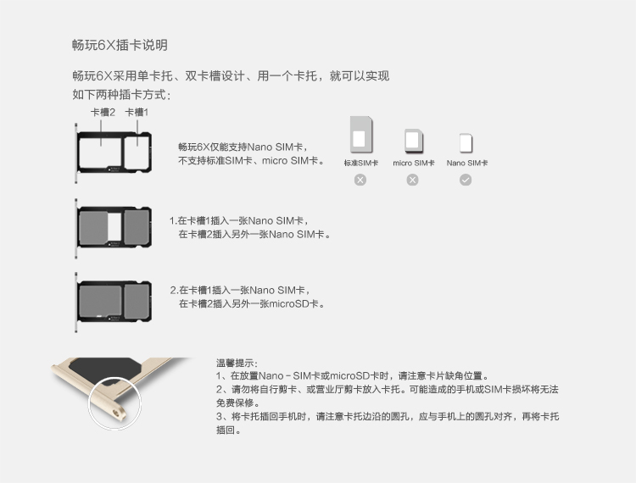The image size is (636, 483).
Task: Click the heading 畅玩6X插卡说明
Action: tap(120, 45)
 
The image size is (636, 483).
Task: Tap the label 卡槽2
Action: tap(103, 112)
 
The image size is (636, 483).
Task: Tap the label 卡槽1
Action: tap(137, 112)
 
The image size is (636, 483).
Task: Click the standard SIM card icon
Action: tap(361, 134)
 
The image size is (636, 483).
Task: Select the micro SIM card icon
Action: tap(413, 141)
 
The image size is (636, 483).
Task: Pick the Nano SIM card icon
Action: tap(466, 143)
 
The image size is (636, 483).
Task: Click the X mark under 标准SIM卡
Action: tap(360, 180)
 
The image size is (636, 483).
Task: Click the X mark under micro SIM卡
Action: tap(412, 180)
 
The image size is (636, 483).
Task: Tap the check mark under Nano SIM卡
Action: tap(466, 180)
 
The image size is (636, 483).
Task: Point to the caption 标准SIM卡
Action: tap(361, 163)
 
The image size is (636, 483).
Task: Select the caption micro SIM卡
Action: tap(413, 163)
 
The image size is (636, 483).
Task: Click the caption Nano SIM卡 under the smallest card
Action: tap(467, 163)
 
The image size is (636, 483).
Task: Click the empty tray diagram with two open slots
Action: tap(114, 153)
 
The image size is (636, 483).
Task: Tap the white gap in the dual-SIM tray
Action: tap(114, 226)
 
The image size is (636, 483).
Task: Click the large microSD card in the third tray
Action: tap(100, 301)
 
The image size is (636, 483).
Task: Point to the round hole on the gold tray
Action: tap(117, 414)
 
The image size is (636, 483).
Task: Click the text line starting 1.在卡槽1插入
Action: tap(238, 221)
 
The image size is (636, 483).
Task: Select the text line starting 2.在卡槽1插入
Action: tap(240, 290)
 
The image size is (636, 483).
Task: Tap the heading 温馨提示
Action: tap(237, 363)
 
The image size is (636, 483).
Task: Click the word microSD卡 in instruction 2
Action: tap(293, 303)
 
